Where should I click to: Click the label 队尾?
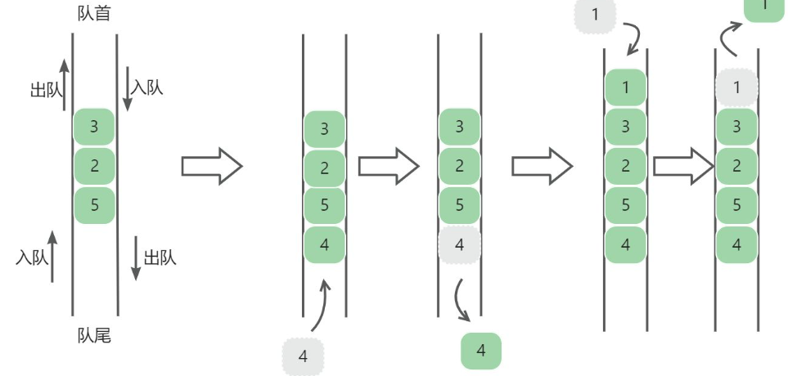click(94, 336)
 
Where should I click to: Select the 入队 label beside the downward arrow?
click(147, 87)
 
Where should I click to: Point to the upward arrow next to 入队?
click(52, 256)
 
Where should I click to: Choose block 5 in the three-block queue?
click(94, 204)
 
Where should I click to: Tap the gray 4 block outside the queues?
click(304, 356)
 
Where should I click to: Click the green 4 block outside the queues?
click(481, 351)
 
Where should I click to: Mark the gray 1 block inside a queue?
click(736, 87)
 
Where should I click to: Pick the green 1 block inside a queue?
click(625, 87)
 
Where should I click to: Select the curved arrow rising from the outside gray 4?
click(321, 307)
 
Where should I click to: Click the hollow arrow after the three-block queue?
click(212, 167)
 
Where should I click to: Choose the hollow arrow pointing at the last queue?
click(684, 167)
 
